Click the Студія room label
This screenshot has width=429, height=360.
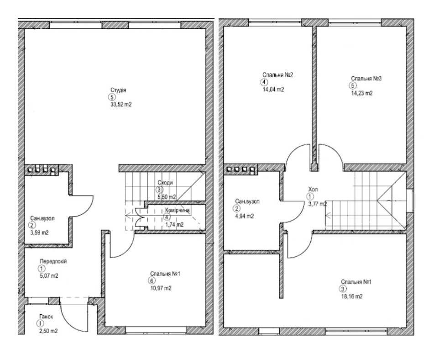pos(118,90)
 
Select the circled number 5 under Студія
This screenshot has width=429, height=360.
pos(112,97)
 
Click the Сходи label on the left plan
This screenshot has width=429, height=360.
pos(165,182)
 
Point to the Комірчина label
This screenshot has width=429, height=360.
pos(177,210)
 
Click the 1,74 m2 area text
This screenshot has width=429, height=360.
pos(174,225)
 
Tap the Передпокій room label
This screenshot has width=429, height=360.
pos(53,261)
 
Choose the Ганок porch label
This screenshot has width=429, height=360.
pos(46,317)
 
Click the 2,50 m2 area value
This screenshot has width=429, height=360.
pos(48,331)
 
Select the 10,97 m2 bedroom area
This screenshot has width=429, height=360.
pos(161,288)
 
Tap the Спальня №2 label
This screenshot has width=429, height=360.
pos(277,75)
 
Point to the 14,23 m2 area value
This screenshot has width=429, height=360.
pos(362,93)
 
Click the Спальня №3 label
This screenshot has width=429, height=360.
pos(366,79)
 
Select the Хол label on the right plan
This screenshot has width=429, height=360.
pos(313,189)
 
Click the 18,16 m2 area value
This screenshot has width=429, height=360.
pos(351,296)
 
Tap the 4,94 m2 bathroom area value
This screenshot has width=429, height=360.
pos(245,216)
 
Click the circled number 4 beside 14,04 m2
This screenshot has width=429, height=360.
pos(264,82)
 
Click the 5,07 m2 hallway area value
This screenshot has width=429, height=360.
pos(49,275)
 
